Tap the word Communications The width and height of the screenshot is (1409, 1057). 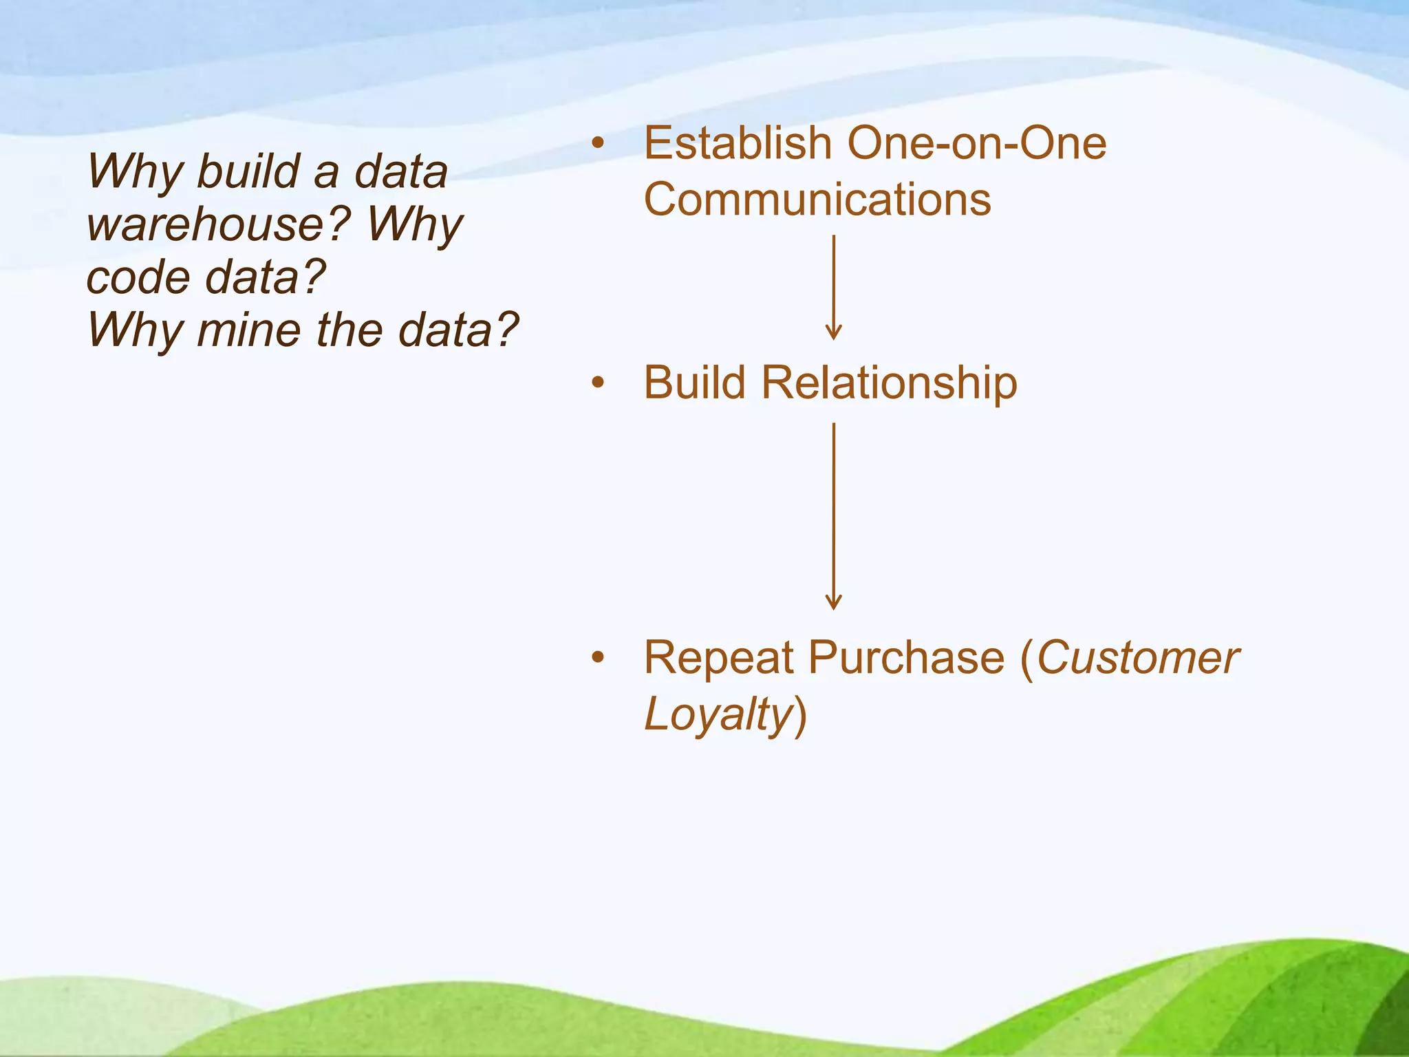(817, 200)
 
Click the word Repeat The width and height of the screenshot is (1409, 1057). (718, 658)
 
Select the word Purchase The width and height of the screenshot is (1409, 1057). (906, 658)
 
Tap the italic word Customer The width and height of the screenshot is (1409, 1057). (1137, 658)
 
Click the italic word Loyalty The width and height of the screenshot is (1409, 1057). (718, 714)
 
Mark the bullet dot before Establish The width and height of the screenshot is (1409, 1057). (598, 144)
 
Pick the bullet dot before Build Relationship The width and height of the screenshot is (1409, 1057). (598, 383)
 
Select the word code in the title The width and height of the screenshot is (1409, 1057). (138, 277)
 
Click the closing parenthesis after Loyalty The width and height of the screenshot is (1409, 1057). (800, 716)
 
